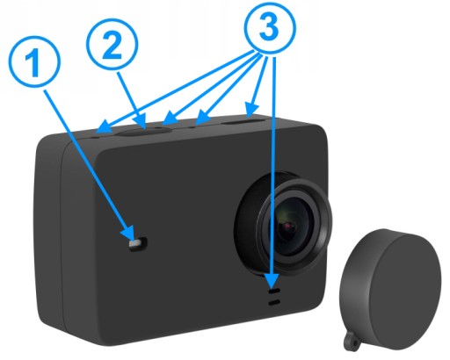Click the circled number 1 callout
[35, 62]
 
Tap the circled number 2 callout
[112, 46]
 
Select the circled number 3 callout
[270, 28]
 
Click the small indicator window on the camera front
[138, 243]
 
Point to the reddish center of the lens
[287, 226]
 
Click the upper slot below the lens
[274, 292]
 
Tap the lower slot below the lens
[274, 303]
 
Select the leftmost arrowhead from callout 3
[103, 129]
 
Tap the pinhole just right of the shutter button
[159, 128]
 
